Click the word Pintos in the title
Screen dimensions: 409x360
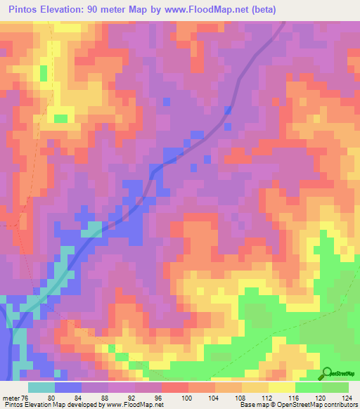pyautogui.click(x=26, y=10)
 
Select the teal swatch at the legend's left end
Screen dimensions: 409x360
pyautogui.click(x=41, y=387)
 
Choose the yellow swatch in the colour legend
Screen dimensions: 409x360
pyautogui.click(x=281, y=387)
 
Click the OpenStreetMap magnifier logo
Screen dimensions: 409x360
pyautogui.click(x=327, y=373)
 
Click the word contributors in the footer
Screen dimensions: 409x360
pyautogui.click(x=337, y=405)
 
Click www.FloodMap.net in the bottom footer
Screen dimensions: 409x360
pyautogui.click(x=134, y=405)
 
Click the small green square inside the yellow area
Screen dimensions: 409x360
pyautogui.click(x=61, y=119)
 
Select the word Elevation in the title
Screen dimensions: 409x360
pyautogui.click(x=67, y=10)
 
